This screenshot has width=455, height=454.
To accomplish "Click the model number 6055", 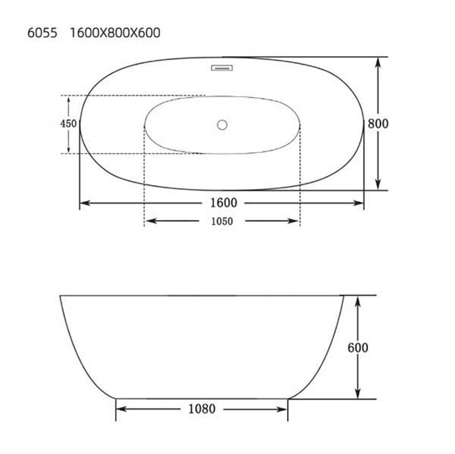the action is [x=42, y=32].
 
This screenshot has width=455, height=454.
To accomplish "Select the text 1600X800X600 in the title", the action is [x=115, y=32].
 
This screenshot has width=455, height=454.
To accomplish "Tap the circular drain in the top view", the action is [x=222, y=125].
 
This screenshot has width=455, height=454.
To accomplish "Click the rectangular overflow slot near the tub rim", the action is [x=222, y=68].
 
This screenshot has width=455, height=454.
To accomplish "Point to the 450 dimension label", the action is [x=69, y=124].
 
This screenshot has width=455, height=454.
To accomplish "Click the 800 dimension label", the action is [x=378, y=124].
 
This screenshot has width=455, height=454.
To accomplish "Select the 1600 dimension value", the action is [x=223, y=203].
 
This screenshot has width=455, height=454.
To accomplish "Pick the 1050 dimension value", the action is [x=222, y=221].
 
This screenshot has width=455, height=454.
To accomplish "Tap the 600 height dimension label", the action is [x=358, y=347].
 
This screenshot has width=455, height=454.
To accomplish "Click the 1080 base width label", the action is [x=202, y=409].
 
